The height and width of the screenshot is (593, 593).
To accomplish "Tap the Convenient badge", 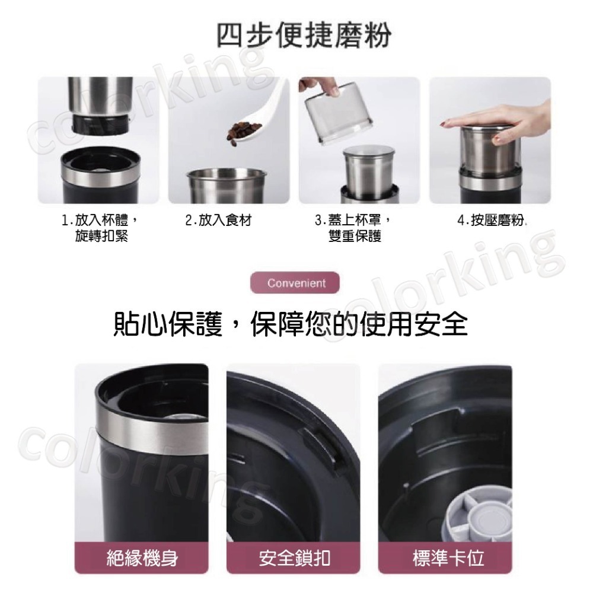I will tap(296, 283).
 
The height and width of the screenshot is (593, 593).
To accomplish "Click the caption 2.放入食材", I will tap(219, 221).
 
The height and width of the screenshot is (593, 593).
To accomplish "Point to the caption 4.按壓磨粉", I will tap(492, 221).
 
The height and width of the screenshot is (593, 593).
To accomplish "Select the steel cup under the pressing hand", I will tap(490, 154).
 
